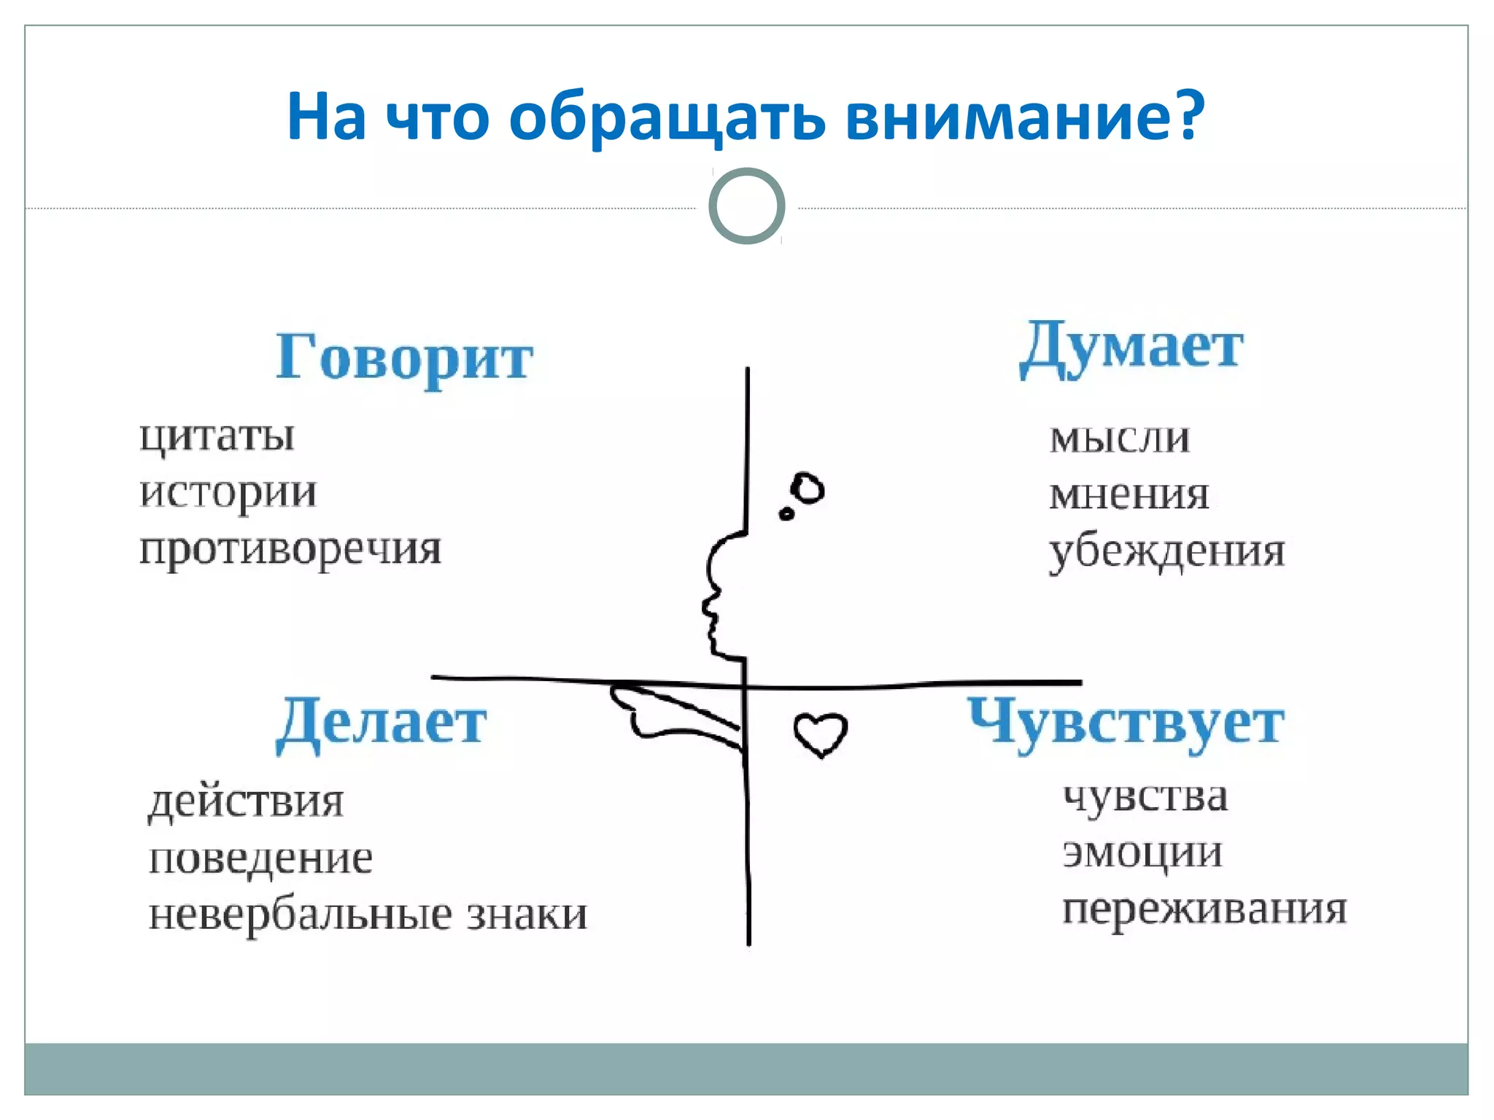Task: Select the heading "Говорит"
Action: [404, 357]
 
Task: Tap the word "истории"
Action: [228, 493]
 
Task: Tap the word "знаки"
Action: [527, 914]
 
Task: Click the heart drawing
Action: [821, 734]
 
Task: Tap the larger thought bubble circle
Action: [808, 489]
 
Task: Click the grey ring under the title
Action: [747, 206]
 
